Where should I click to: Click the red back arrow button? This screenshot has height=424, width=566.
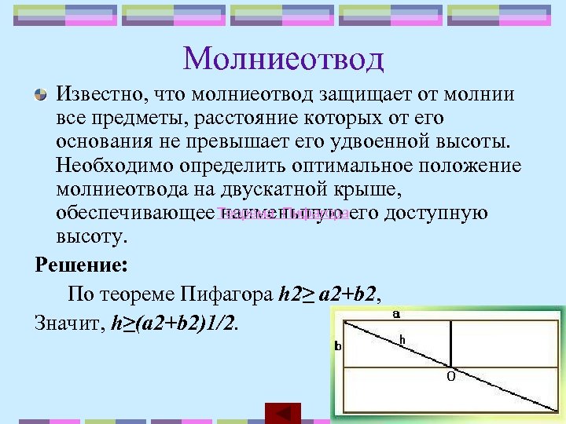(283, 413)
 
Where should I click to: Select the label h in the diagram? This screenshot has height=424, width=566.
(402, 339)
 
